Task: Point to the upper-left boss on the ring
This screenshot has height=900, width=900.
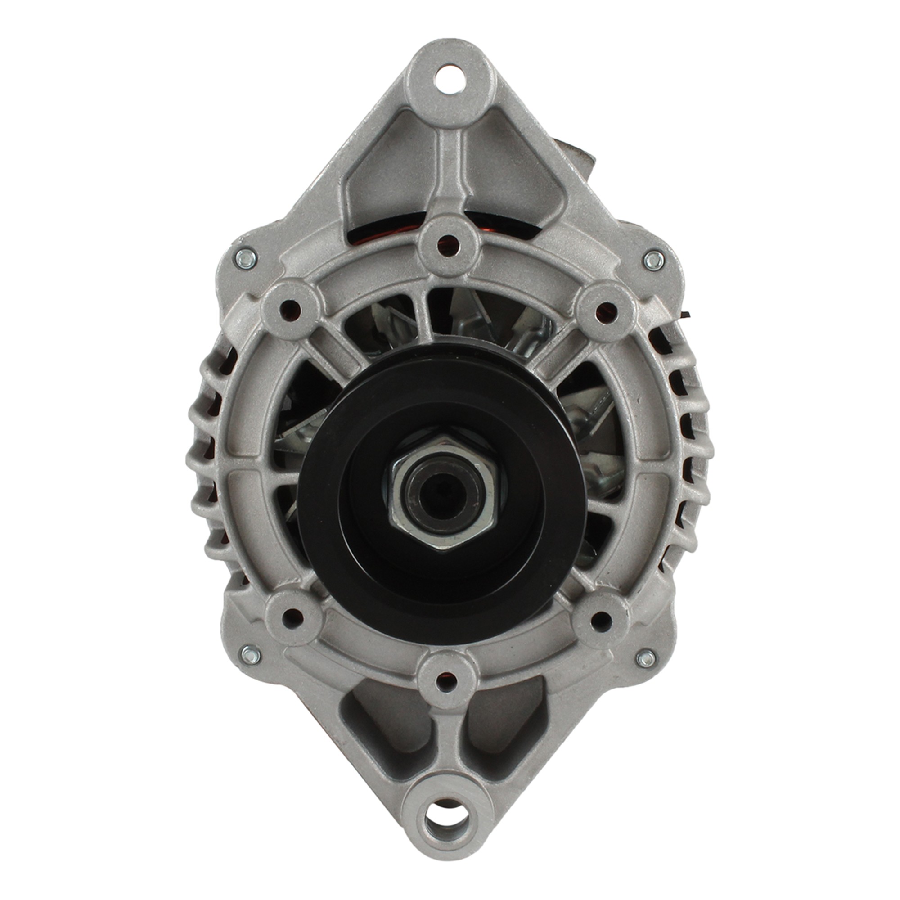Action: click(292, 307)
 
